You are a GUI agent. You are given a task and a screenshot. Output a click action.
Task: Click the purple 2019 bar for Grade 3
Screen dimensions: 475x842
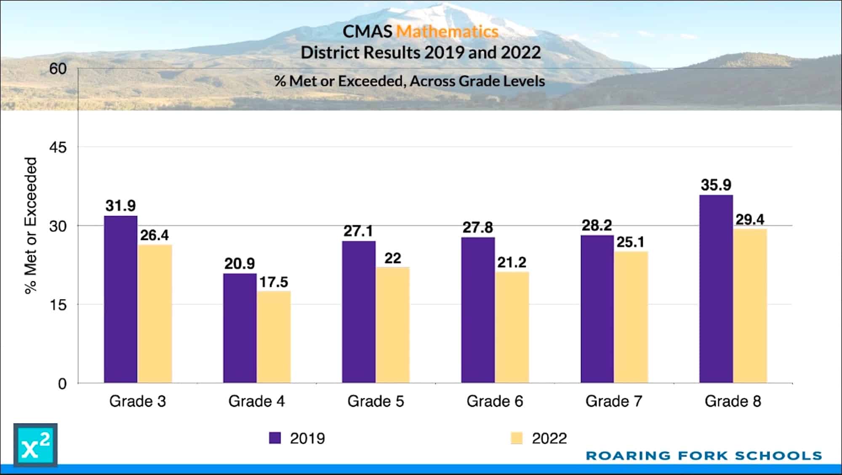(120, 299)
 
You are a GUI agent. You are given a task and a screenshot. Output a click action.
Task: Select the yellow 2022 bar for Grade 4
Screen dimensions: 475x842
(274, 337)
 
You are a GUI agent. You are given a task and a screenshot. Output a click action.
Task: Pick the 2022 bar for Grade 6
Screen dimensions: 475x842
(512, 327)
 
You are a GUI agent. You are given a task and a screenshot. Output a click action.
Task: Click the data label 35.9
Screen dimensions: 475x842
(716, 185)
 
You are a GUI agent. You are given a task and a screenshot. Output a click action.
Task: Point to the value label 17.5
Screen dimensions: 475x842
(274, 282)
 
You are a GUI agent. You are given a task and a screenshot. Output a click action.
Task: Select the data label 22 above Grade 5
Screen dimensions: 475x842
(392, 258)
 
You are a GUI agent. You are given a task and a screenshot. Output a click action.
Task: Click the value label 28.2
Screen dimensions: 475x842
(597, 225)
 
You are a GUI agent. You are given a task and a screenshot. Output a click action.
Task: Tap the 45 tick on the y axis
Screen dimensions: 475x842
(58, 147)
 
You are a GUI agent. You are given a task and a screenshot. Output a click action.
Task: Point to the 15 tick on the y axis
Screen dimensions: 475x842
(58, 305)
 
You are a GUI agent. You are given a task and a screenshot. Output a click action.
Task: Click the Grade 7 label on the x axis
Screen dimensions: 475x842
(614, 401)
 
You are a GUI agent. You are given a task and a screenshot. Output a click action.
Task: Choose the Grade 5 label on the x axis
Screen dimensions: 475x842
(376, 401)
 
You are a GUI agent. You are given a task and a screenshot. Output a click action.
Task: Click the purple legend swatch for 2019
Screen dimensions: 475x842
(275, 438)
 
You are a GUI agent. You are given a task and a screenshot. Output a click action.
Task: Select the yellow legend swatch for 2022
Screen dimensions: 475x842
(517, 438)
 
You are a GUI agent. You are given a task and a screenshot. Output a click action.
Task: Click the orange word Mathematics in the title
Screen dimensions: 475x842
(448, 32)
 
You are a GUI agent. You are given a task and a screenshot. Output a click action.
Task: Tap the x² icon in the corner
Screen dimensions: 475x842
(35, 446)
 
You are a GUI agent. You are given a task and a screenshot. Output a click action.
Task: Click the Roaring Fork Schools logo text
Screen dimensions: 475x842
(703, 456)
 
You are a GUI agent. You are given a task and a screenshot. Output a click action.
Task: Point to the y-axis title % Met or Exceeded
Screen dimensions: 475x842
(31, 225)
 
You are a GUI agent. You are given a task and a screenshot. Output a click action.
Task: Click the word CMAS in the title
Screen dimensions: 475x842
(367, 32)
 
